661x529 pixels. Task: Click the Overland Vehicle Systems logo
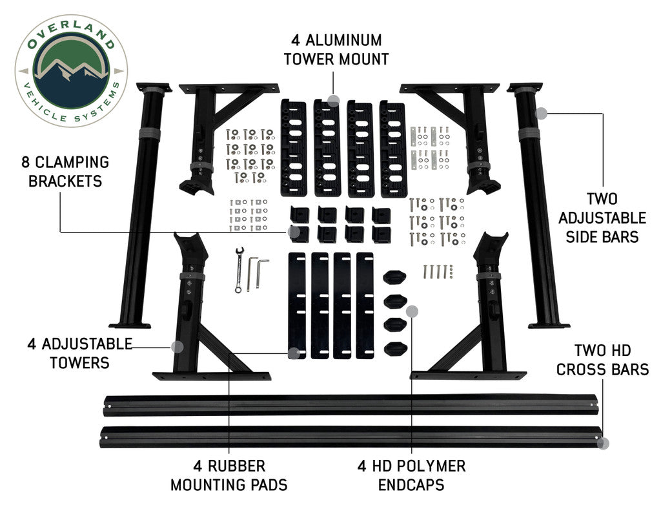70,70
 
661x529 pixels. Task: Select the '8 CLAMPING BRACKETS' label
65,171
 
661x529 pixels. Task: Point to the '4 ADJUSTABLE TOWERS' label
80,353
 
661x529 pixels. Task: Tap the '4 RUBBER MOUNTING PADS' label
229,475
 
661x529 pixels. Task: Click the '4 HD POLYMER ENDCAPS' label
411,475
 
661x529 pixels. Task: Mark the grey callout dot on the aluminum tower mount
333,100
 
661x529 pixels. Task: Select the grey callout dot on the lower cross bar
603,444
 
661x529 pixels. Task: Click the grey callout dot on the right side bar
542,113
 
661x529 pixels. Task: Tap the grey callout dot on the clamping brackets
294,231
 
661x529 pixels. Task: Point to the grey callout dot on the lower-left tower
178,346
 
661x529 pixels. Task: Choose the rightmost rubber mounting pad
365,305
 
